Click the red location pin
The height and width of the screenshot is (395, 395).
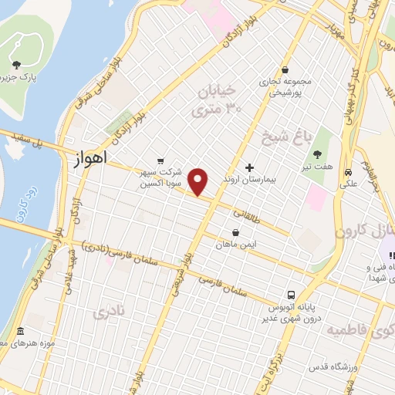(x=199, y=182)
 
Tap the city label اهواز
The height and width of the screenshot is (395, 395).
(x=89, y=160)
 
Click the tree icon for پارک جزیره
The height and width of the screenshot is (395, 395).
(x=17, y=65)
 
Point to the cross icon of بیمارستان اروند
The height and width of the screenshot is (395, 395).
(x=249, y=167)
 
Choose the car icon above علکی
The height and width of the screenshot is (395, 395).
(x=349, y=171)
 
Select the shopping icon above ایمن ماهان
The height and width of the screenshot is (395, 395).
(x=236, y=232)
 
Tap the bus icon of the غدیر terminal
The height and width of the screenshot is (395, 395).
(x=291, y=295)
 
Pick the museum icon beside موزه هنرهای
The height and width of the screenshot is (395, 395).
(x=19, y=333)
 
